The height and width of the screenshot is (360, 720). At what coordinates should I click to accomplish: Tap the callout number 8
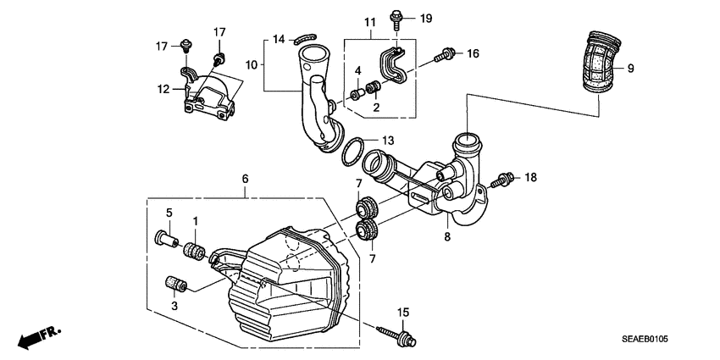446,237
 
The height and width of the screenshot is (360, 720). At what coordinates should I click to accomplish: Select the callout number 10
250,64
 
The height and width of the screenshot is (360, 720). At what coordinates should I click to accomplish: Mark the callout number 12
163,88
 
